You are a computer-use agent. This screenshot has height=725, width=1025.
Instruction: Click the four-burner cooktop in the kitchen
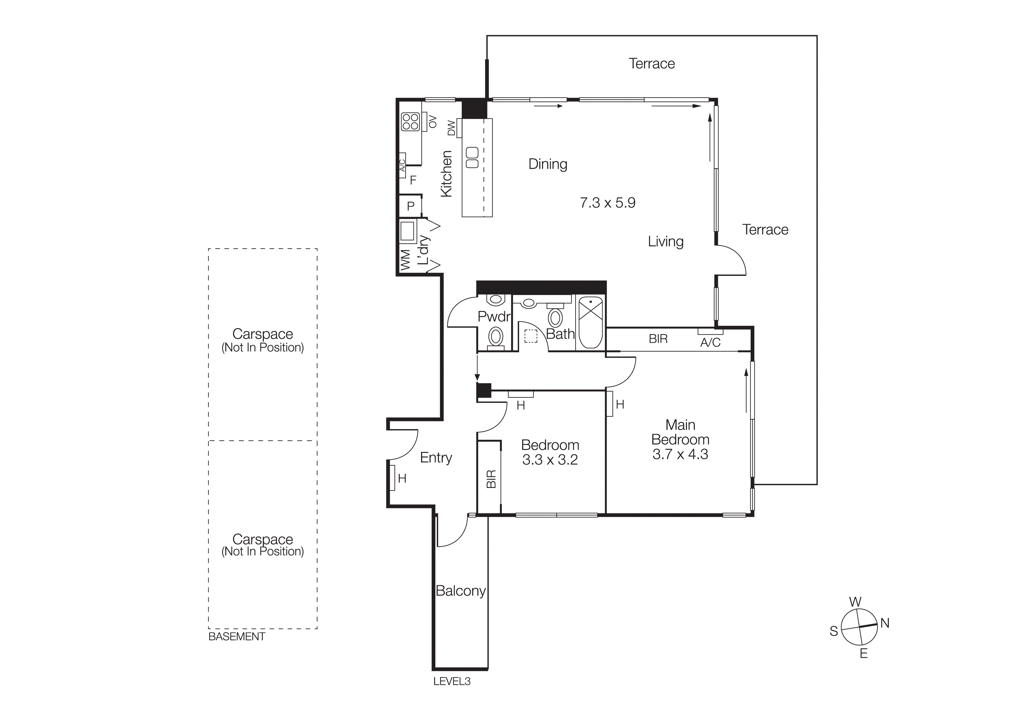click(410, 121)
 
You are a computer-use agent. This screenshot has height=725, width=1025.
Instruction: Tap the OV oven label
click(432, 121)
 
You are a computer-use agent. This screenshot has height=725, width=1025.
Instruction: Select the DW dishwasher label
click(451, 128)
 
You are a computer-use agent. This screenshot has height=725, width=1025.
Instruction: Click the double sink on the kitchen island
click(472, 158)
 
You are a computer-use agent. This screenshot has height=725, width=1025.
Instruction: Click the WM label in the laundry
click(405, 260)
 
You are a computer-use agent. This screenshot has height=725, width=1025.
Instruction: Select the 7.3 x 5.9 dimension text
click(607, 203)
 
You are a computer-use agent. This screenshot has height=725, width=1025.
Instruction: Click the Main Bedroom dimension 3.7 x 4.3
click(680, 454)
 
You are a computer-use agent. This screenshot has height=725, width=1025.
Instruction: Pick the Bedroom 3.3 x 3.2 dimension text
click(550, 460)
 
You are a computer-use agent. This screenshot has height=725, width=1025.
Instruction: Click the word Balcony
click(460, 591)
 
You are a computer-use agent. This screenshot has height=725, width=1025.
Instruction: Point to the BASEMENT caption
click(237, 637)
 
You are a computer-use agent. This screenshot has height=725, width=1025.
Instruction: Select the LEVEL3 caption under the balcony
click(452, 681)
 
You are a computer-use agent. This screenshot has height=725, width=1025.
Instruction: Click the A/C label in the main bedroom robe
click(710, 343)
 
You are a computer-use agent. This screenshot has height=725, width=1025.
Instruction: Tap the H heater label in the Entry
click(402, 478)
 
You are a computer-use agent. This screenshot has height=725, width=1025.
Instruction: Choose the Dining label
click(548, 164)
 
